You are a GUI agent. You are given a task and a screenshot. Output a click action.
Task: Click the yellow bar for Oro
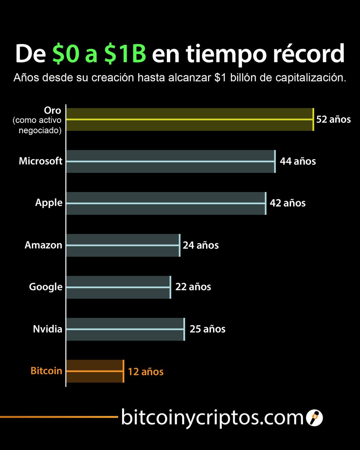tap(189, 119)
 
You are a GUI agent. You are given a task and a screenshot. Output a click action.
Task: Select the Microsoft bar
tap(171, 161)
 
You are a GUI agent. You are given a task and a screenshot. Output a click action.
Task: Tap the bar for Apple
tap(166, 203)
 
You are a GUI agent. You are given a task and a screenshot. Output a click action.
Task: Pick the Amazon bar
tap(123, 245)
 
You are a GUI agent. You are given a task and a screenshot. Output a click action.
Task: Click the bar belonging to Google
tap(118, 287)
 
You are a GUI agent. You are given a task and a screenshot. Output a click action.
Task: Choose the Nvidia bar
tap(125, 329)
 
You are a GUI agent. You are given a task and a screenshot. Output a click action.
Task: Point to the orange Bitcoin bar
tap(94, 371)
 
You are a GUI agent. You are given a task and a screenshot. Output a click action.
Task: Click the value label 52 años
tap(333, 120)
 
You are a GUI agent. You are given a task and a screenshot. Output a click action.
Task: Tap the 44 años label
tap(298, 162)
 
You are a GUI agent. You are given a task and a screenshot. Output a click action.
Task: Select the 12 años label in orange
tap(145, 372)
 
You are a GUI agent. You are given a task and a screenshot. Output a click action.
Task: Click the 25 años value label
tap(207, 329)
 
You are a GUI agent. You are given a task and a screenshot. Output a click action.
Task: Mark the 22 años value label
tap(193, 287)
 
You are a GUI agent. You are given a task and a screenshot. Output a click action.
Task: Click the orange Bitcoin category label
tap(46, 371)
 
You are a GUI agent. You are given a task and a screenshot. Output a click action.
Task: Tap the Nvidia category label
tap(48, 329)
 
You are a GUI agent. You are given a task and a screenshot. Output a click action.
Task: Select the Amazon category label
tap(43, 245)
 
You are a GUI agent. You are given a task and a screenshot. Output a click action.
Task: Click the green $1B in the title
tap(125, 54)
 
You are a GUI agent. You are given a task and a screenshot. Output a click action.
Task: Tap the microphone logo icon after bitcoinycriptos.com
tap(314, 417)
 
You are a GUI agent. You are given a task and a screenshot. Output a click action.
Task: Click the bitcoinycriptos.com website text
tap(211, 417)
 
